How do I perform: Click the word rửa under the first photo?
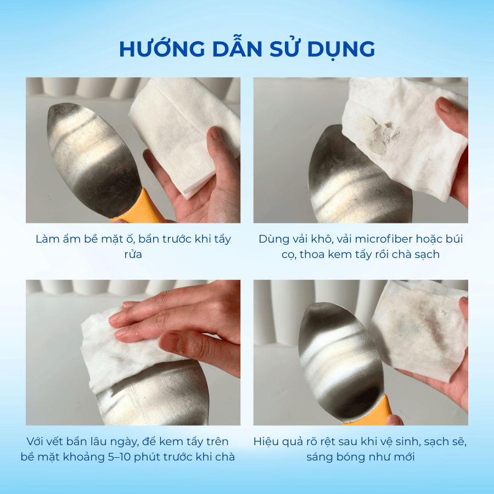click(133, 255)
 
